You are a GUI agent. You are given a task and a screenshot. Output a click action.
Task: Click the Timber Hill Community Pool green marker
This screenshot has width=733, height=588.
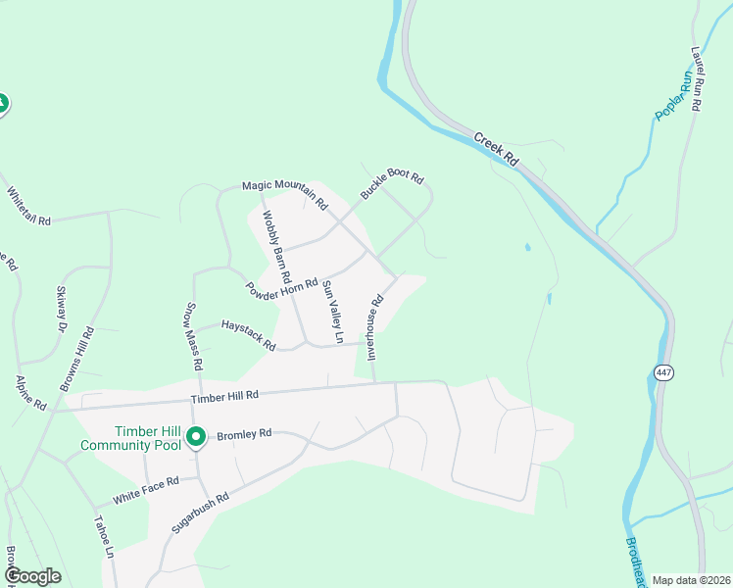coord(196,436)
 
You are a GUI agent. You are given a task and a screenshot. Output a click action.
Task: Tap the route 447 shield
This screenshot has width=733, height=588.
coord(664,372)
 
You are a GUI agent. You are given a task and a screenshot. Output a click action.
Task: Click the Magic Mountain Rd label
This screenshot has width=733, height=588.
coord(284,193)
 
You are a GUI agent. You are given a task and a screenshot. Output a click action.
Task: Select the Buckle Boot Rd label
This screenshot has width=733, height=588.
coord(392,186)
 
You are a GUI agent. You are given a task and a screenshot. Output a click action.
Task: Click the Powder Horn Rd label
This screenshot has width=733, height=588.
coord(282,290)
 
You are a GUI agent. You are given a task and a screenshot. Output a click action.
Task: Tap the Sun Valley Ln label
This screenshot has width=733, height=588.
coord(333,312)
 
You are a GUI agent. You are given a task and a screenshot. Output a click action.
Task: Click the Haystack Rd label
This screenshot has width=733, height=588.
coord(248,334)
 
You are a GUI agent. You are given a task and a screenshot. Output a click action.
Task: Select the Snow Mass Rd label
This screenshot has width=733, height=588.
coord(193,336)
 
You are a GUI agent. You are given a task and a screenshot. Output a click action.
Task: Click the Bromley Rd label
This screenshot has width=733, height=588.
coord(244,434)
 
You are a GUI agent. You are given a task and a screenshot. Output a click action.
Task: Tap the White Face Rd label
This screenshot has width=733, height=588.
coord(146,489)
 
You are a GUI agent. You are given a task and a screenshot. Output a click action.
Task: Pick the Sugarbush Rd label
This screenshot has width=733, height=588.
coord(199,511)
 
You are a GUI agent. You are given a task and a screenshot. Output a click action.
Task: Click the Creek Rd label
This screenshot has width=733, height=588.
coord(496,148)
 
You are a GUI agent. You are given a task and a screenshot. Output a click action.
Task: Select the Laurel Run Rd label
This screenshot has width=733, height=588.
coord(697,77)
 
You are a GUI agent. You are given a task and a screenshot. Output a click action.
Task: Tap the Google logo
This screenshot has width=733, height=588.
coord(32,576)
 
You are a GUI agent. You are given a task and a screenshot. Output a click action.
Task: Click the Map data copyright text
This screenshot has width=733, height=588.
coord(691,580)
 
